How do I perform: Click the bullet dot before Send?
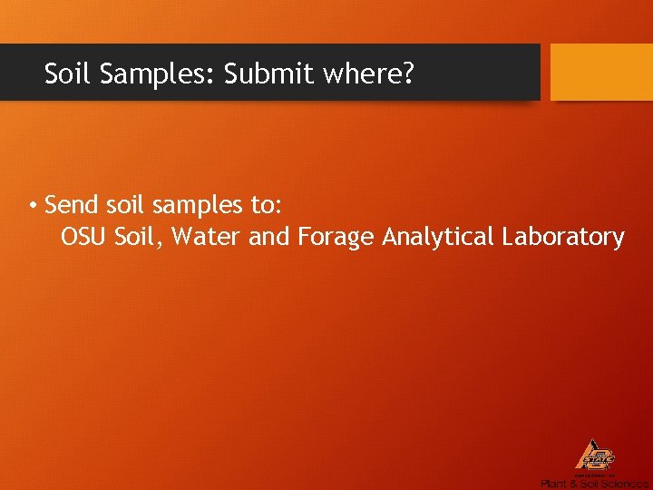tap(32, 205)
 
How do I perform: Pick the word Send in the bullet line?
tap(69, 205)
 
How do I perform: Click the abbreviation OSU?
tap(83, 238)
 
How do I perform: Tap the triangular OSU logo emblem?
tap(595, 456)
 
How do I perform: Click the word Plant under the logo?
tap(553, 484)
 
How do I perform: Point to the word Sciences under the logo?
tap(624, 484)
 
